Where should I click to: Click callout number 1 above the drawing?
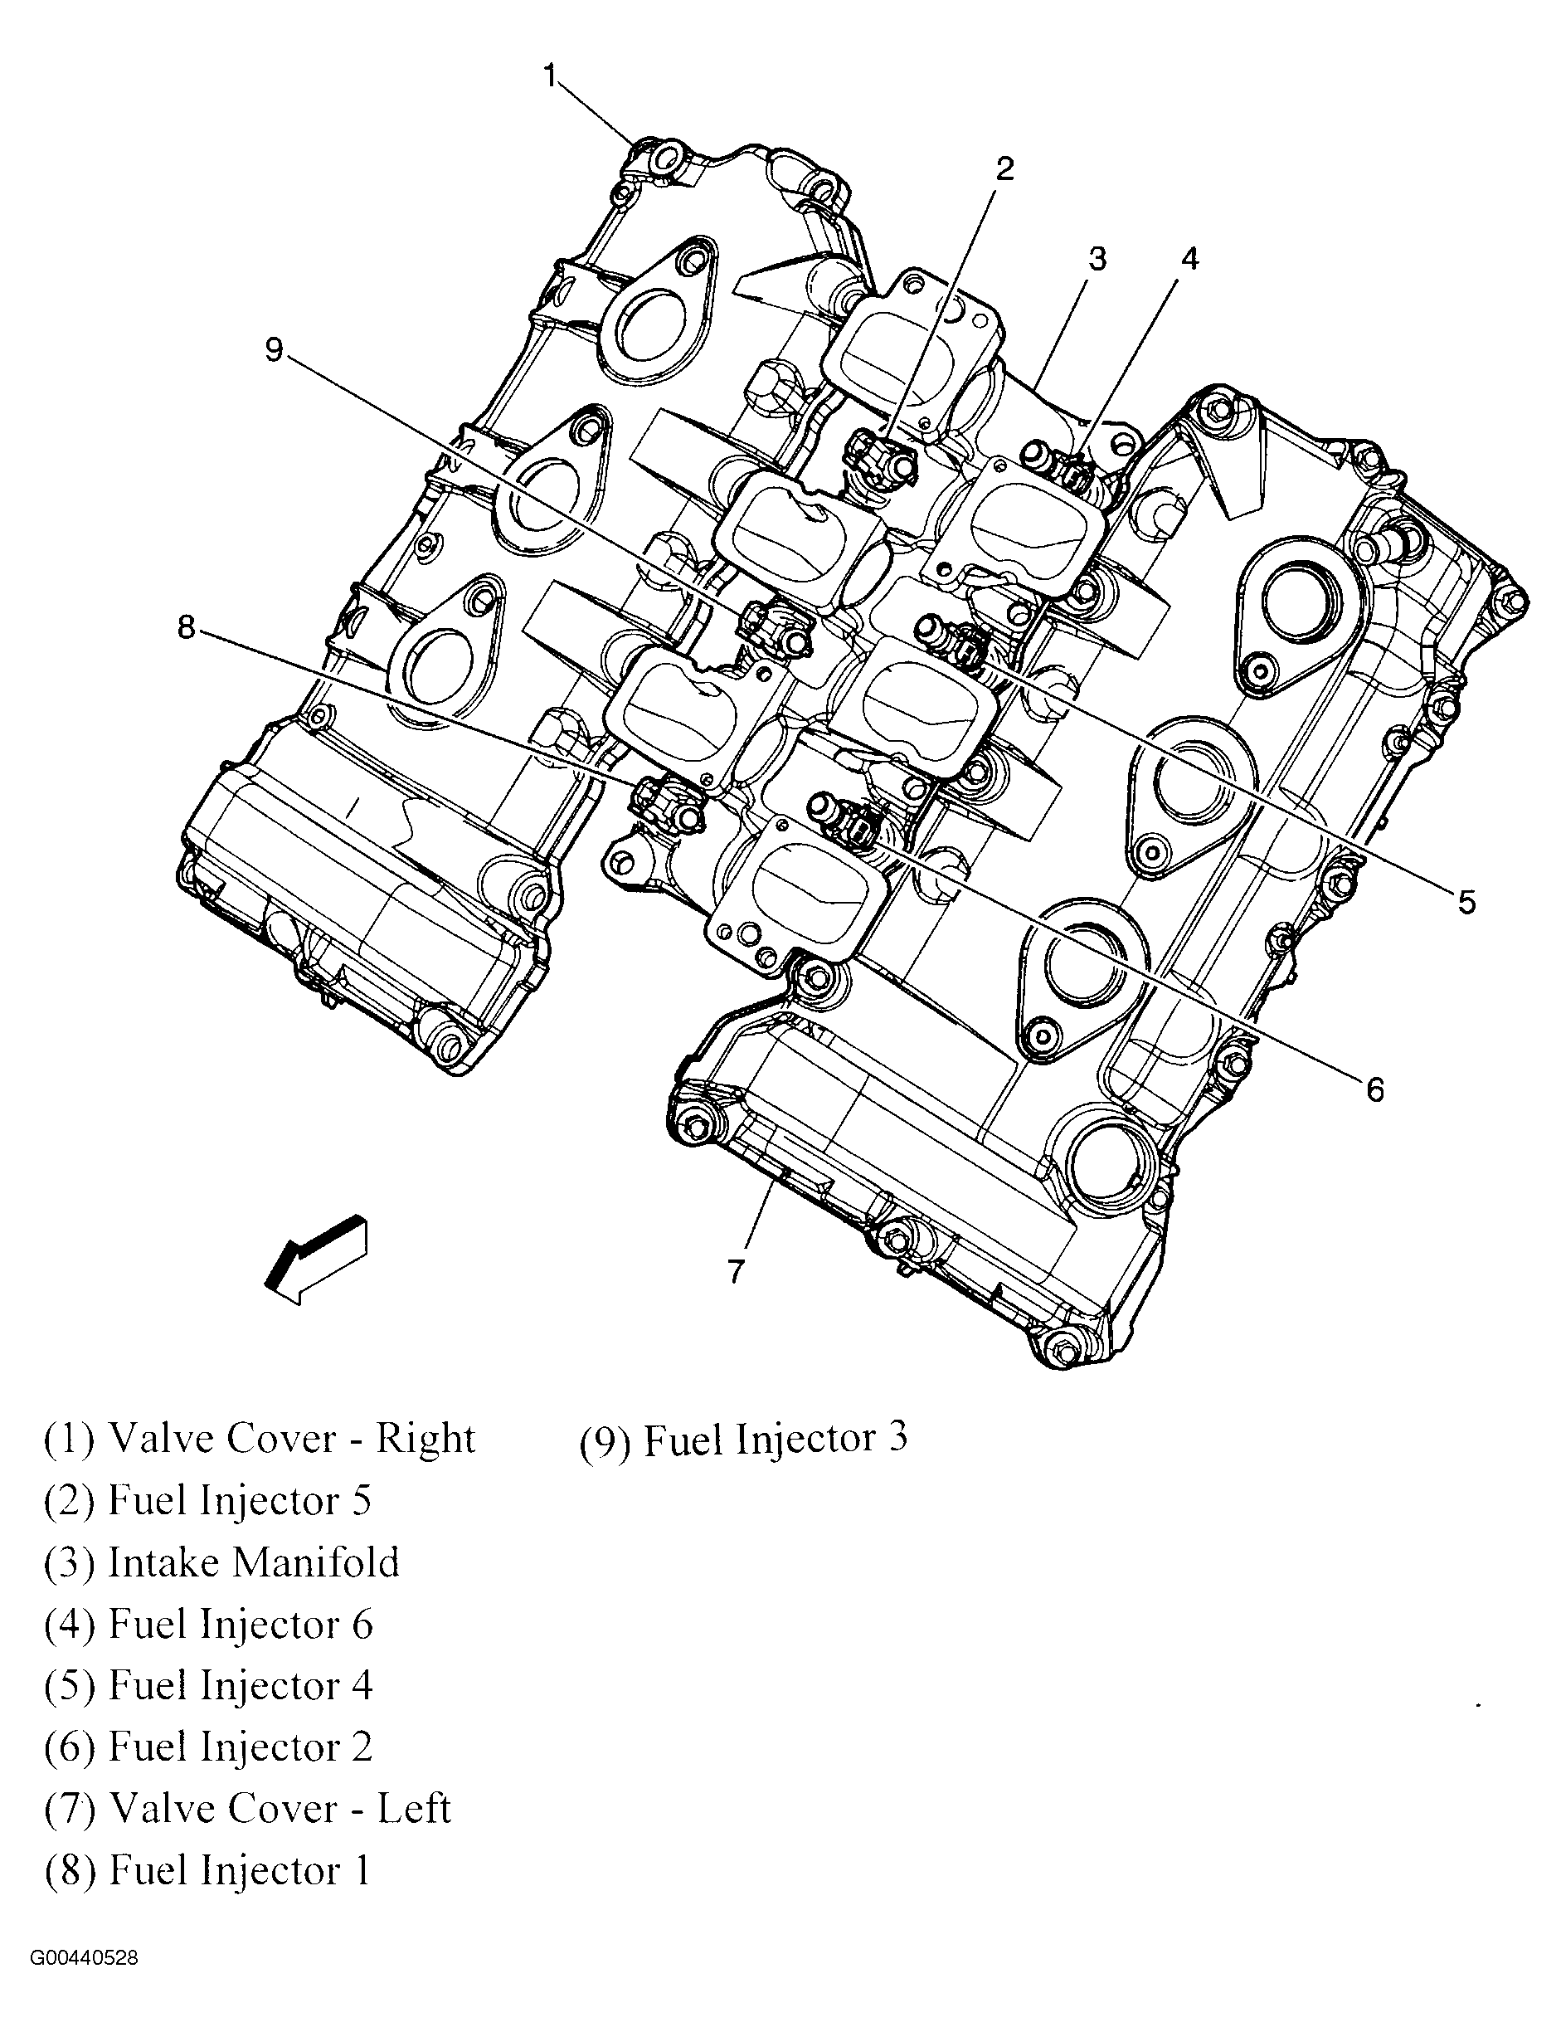tap(549, 76)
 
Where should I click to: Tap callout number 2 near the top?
tap(1004, 169)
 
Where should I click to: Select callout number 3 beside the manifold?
tap(1097, 259)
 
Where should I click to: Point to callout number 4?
tap(1189, 259)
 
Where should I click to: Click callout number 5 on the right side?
tap(1466, 901)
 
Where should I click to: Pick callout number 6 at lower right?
tap(1374, 1089)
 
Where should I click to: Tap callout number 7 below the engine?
tap(736, 1270)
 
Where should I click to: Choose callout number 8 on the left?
tap(187, 628)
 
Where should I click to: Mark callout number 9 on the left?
tap(274, 350)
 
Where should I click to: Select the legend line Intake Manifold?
tap(221, 1562)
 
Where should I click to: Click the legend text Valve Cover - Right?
tap(259, 1439)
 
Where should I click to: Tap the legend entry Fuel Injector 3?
tap(743, 1439)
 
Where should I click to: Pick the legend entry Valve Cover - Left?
tap(247, 1808)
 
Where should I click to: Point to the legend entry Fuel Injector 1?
tap(208, 1870)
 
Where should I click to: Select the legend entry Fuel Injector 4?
tap(208, 1685)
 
